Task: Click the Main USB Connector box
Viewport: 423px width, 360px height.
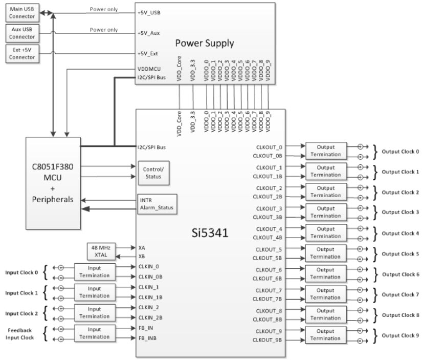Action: [x=22, y=12]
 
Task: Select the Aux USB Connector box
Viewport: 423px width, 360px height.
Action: [x=22, y=33]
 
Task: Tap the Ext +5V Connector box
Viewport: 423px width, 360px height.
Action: [x=22, y=53]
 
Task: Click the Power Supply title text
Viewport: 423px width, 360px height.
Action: [x=205, y=43]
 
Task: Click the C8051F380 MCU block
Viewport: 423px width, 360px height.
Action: [x=53, y=183]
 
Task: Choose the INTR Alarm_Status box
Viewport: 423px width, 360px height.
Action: [x=156, y=204]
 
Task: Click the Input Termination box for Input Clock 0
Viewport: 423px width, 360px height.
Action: [x=94, y=272]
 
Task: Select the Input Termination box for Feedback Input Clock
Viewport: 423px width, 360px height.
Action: [x=94, y=333]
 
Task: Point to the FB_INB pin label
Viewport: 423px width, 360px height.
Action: [x=148, y=339]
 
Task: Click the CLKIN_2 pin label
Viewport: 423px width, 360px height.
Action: [x=148, y=307]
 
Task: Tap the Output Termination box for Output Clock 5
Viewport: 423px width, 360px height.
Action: [x=325, y=253]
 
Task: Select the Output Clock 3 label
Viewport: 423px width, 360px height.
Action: [x=400, y=212]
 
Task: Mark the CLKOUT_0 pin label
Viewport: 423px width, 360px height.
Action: [x=269, y=147]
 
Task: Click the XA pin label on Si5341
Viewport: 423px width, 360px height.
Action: [x=142, y=247]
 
